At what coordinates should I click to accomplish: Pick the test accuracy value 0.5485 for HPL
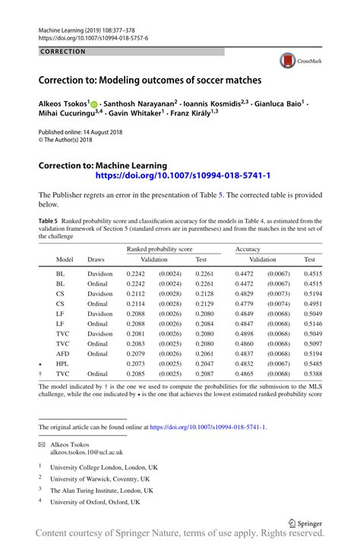(x=313, y=364)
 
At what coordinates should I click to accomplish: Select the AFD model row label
(x=62, y=354)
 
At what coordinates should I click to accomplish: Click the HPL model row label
(x=62, y=364)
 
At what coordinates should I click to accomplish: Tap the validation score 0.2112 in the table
(x=135, y=293)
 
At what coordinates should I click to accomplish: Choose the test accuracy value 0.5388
(x=313, y=374)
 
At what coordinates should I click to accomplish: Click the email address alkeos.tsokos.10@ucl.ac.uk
(x=87, y=452)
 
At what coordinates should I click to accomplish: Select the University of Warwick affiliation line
(x=99, y=479)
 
